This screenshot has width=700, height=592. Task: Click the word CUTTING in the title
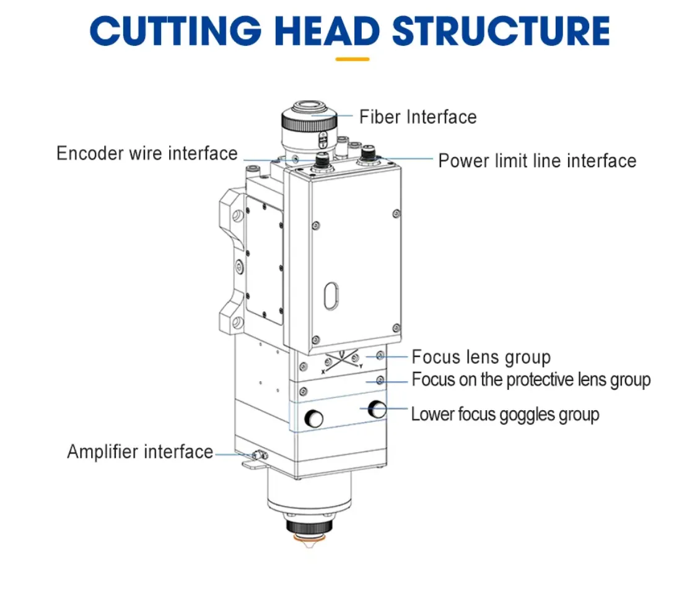[175, 31]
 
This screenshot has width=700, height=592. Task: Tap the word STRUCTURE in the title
[501, 31]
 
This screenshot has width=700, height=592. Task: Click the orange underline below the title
[352, 59]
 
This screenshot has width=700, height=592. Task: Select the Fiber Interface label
[418, 118]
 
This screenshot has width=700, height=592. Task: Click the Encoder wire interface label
[147, 153]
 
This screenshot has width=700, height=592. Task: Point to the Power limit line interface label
[537, 161]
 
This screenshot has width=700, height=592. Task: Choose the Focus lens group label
[481, 357]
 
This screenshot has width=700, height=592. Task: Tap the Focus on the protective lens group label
[531, 380]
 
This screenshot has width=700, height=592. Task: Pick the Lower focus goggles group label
[505, 414]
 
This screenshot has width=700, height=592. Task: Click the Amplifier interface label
[140, 452]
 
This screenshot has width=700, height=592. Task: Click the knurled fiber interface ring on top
[308, 121]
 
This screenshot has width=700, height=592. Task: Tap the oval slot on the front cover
[331, 296]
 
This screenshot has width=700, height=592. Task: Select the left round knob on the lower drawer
[313, 418]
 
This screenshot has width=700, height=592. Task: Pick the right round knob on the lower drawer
[377, 409]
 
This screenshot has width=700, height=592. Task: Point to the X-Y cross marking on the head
[342, 360]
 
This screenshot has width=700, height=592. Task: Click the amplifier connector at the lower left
[259, 455]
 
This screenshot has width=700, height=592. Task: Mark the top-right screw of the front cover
[396, 214]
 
